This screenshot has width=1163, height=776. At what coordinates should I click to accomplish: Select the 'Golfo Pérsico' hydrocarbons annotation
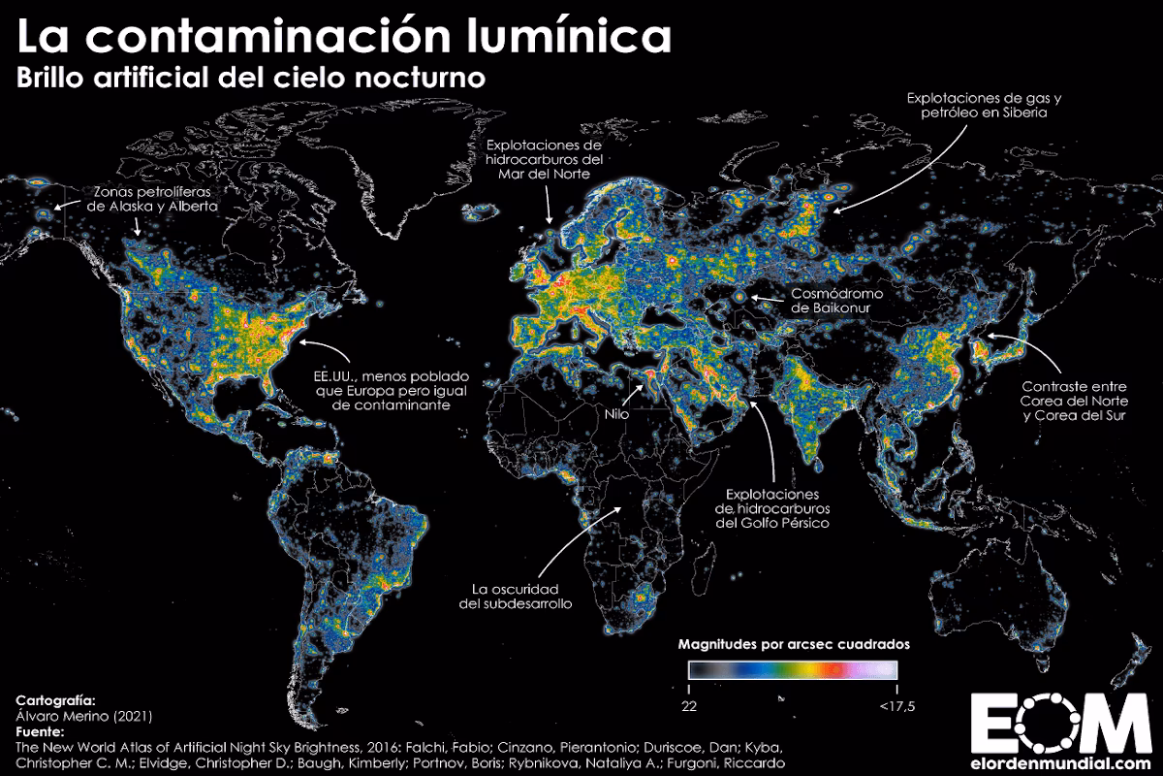click(773, 507)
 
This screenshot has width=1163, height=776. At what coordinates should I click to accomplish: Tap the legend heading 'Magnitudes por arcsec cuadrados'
click(793, 644)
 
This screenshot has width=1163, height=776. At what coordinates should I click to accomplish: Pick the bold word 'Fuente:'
click(40, 730)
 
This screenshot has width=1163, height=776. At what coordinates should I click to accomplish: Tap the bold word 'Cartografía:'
click(55, 697)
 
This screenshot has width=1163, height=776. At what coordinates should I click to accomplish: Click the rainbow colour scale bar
click(793, 669)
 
